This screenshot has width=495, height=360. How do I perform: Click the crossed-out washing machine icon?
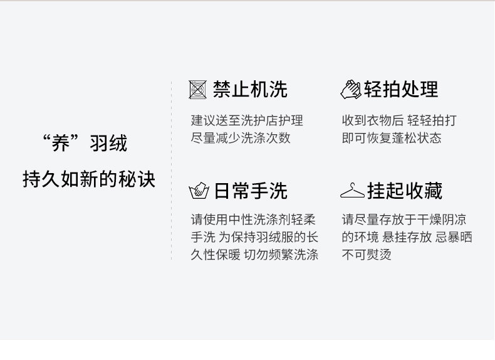[198, 90]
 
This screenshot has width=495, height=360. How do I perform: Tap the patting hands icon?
[350, 90]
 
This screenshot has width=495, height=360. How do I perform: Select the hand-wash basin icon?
[199, 191]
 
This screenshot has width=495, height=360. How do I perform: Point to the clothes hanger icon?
[352, 191]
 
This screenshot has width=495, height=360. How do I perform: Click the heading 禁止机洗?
[250, 90]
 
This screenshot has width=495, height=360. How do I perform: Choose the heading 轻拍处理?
[401, 90]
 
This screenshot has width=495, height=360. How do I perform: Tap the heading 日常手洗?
[250, 191]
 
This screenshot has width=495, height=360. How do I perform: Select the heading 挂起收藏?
[405, 191]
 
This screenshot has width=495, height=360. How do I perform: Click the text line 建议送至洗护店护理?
[247, 120]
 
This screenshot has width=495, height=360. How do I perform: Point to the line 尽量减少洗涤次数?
[241, 138]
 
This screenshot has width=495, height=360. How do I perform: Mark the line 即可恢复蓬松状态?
[392, 138]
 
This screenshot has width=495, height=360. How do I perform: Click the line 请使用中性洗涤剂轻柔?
[254, 220]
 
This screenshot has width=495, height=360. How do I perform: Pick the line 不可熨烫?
[367, 255]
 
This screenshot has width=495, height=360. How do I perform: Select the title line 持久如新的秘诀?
[89, 179]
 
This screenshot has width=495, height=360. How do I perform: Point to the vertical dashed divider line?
[172, 169]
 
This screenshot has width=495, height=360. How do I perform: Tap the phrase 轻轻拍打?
[432, 120]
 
